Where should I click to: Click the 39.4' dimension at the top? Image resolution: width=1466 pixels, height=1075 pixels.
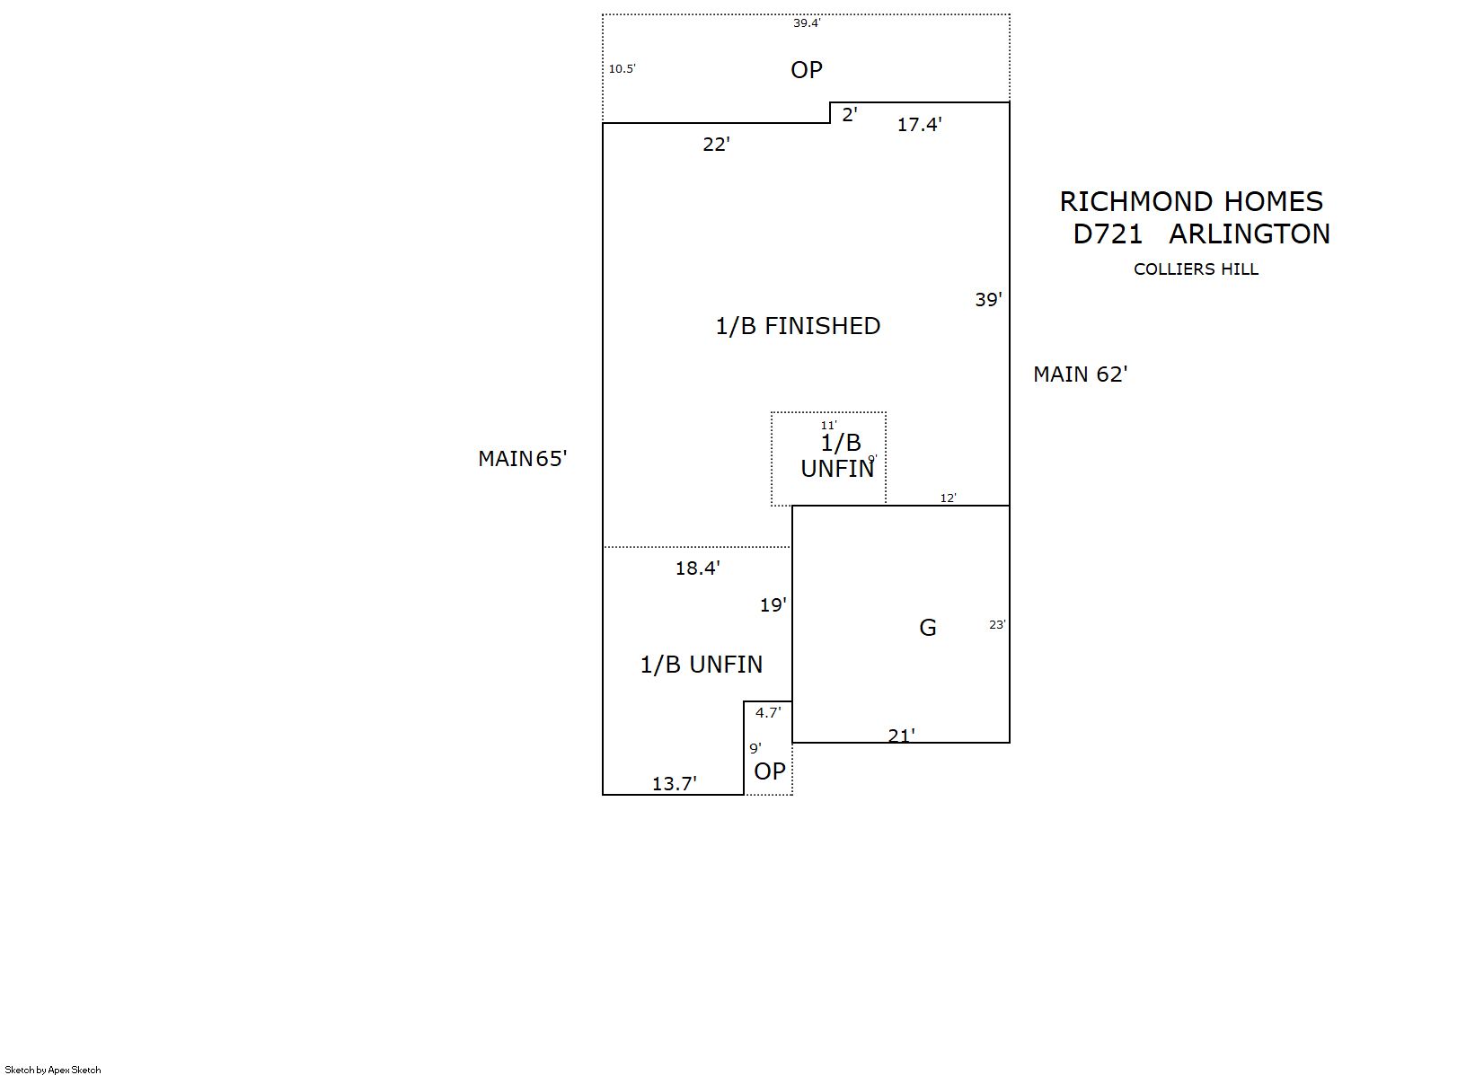(806, 23)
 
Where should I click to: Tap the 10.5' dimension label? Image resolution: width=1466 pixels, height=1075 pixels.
(622, 68)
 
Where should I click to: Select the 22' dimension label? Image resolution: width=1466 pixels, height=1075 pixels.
(716, 145)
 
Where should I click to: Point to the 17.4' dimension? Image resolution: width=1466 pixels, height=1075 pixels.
(919, 125)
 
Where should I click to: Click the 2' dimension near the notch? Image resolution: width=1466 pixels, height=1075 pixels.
(849, 115)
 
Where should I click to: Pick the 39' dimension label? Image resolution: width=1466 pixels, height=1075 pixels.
(988, 300)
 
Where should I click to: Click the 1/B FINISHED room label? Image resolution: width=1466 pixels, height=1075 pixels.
(798, 326)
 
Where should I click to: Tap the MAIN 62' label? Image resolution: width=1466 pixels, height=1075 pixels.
(1080, 374)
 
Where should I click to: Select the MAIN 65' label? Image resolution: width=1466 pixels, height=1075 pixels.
(523, 459)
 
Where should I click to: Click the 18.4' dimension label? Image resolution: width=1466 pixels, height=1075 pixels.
(698, 568)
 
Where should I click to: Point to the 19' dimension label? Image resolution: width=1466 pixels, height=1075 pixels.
(773, 605)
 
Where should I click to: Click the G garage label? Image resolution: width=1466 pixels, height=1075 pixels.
(928, 628)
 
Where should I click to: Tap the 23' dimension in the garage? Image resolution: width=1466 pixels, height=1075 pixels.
(997, 625)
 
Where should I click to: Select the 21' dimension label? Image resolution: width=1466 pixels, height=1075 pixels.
(901, 736)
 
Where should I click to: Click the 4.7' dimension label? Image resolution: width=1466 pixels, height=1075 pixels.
(768, 713)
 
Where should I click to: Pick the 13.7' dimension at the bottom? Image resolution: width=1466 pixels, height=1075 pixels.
(674, 784)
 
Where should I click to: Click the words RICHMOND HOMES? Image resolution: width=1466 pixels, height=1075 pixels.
(1191, 201)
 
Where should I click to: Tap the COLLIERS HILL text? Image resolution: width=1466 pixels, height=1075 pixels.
(1196, 269)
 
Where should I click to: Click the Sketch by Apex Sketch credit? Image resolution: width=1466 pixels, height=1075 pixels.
(53, 1070)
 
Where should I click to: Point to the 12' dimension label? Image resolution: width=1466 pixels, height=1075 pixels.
(948, 498)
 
